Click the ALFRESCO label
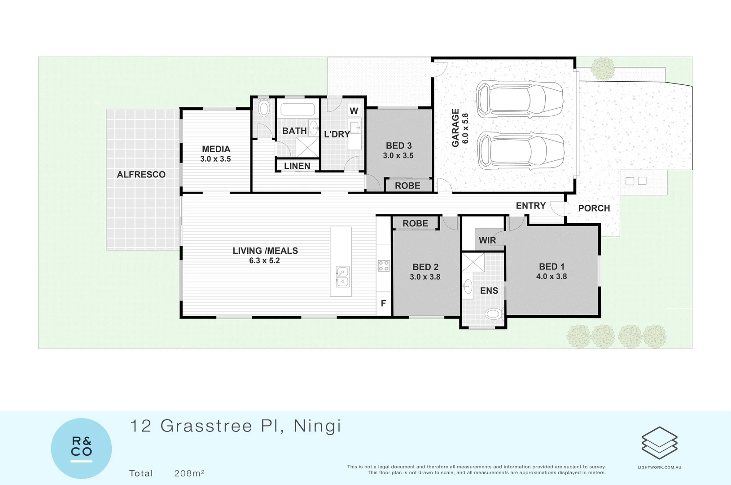[141, 175]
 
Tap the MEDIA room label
[216, 149]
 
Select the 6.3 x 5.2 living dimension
[264, 261]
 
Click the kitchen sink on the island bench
[342, 277]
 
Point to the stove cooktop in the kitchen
[383, 266]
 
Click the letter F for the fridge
[383, 304]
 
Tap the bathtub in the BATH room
[298, 110]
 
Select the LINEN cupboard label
[297, 166]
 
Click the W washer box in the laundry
[354, 110]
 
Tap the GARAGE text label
[455, 128]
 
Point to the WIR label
[487, 240]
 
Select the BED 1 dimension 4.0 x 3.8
[552, 277]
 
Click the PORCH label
[594, 208]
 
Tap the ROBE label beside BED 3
[407, 186]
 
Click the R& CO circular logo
[81, 448]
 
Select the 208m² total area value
[189, 473]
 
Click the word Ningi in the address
[317, 426]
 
